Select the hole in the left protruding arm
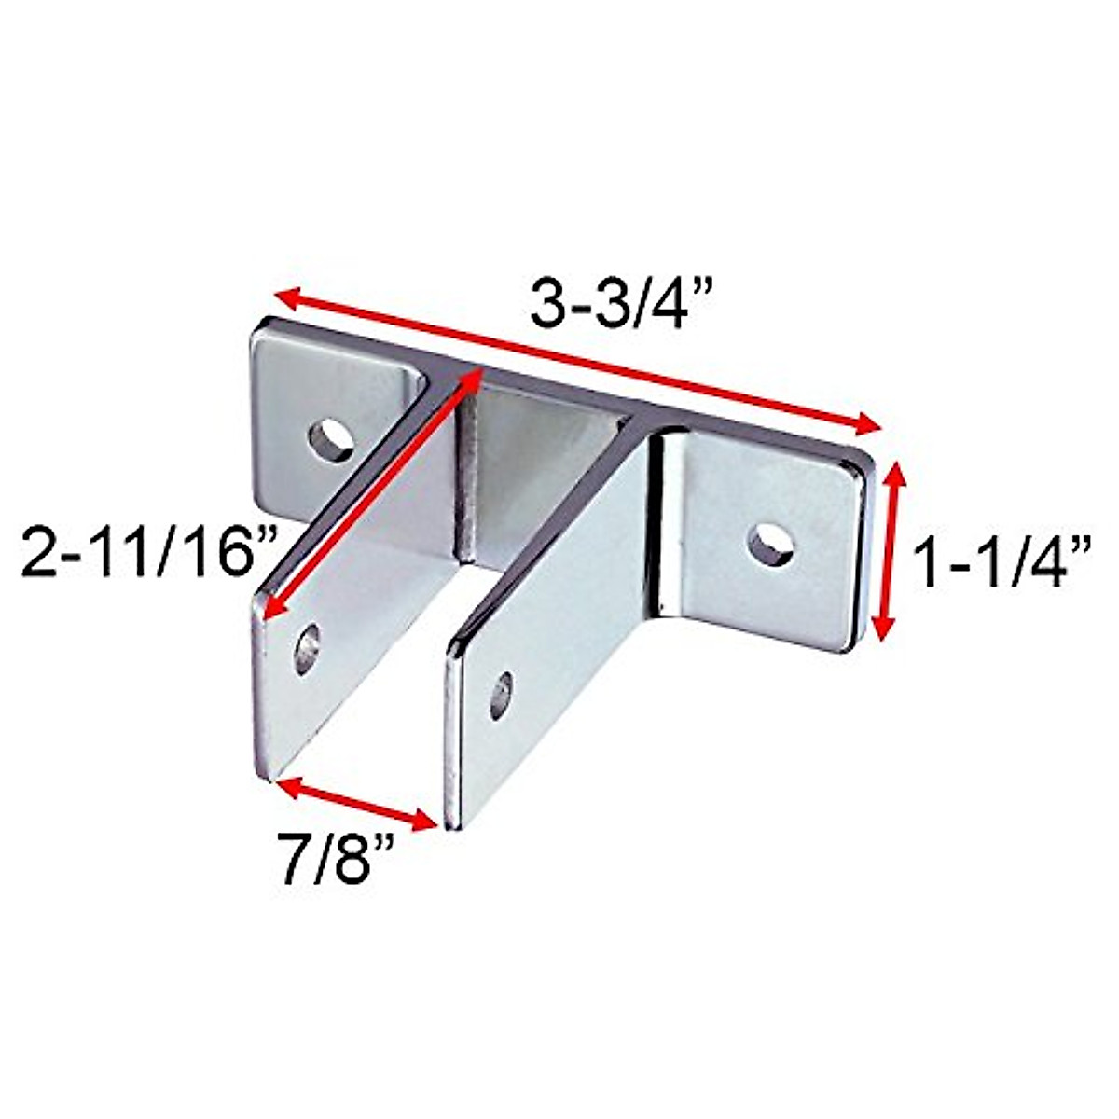point(307,647)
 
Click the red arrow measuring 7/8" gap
point(358,801)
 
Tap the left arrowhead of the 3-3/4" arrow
point(285,296)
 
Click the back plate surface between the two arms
point(532,466)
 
